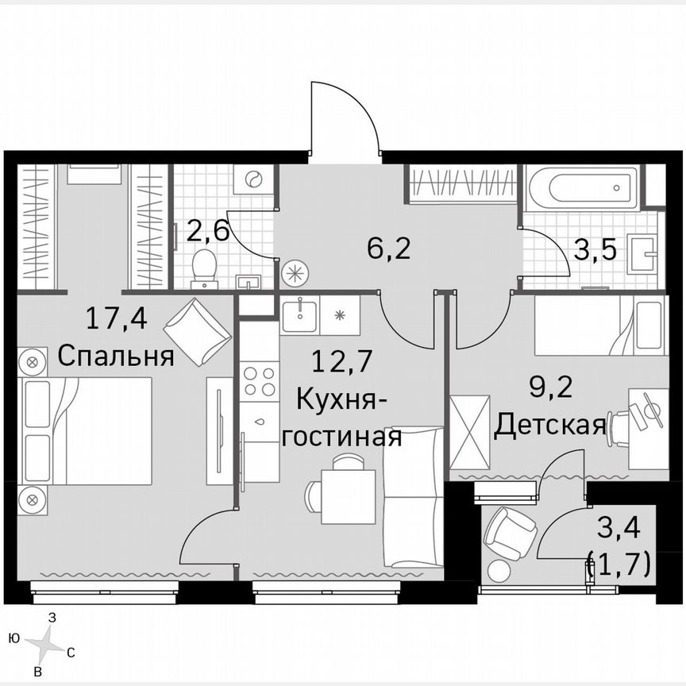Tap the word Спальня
pos(116,356)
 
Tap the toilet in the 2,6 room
pos(205,266)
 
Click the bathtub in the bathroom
pos(582,187)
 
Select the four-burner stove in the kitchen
pos(259,380)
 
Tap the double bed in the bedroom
pos(87,430)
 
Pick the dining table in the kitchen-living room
pos(348,496)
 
